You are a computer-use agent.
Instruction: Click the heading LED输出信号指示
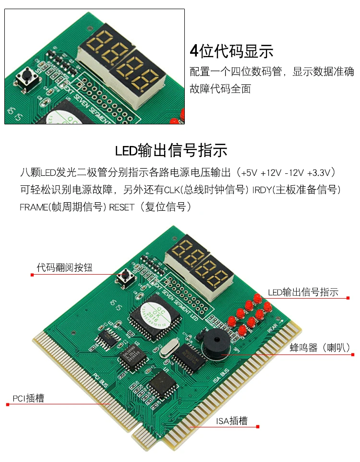coord(171,150)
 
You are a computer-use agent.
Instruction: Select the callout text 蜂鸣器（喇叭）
coord(320,348)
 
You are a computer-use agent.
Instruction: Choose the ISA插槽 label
coord(231,421)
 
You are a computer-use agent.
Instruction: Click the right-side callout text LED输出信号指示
coord(303,292)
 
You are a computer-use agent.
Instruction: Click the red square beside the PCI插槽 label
coord(8,404)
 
